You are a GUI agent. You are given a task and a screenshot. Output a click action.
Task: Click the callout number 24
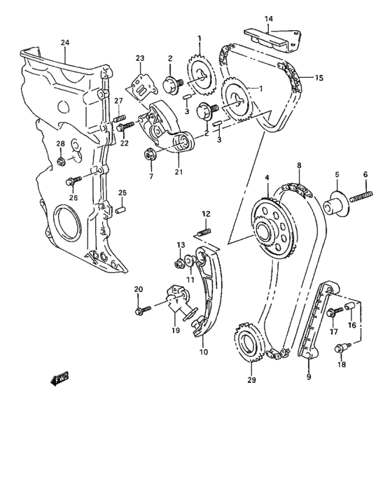click(65, 43)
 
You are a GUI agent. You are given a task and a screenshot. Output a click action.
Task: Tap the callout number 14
click(268, 18)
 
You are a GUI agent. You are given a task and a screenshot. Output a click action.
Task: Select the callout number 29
click(251, 381)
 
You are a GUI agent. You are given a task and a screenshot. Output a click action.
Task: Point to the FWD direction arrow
click(58, 380)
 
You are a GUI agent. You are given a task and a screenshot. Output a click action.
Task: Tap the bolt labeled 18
click(342, 347)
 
